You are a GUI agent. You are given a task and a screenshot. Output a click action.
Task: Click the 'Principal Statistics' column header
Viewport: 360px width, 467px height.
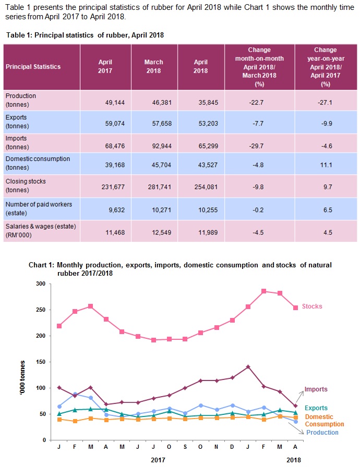33,67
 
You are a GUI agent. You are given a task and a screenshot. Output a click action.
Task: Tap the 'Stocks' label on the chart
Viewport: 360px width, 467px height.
313,306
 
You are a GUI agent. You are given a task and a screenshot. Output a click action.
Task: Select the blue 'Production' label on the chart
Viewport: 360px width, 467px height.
322,432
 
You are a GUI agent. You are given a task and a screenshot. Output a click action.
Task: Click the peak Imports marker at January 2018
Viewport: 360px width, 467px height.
248,367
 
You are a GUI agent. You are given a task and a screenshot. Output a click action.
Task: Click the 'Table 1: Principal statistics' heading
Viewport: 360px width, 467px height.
85,35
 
